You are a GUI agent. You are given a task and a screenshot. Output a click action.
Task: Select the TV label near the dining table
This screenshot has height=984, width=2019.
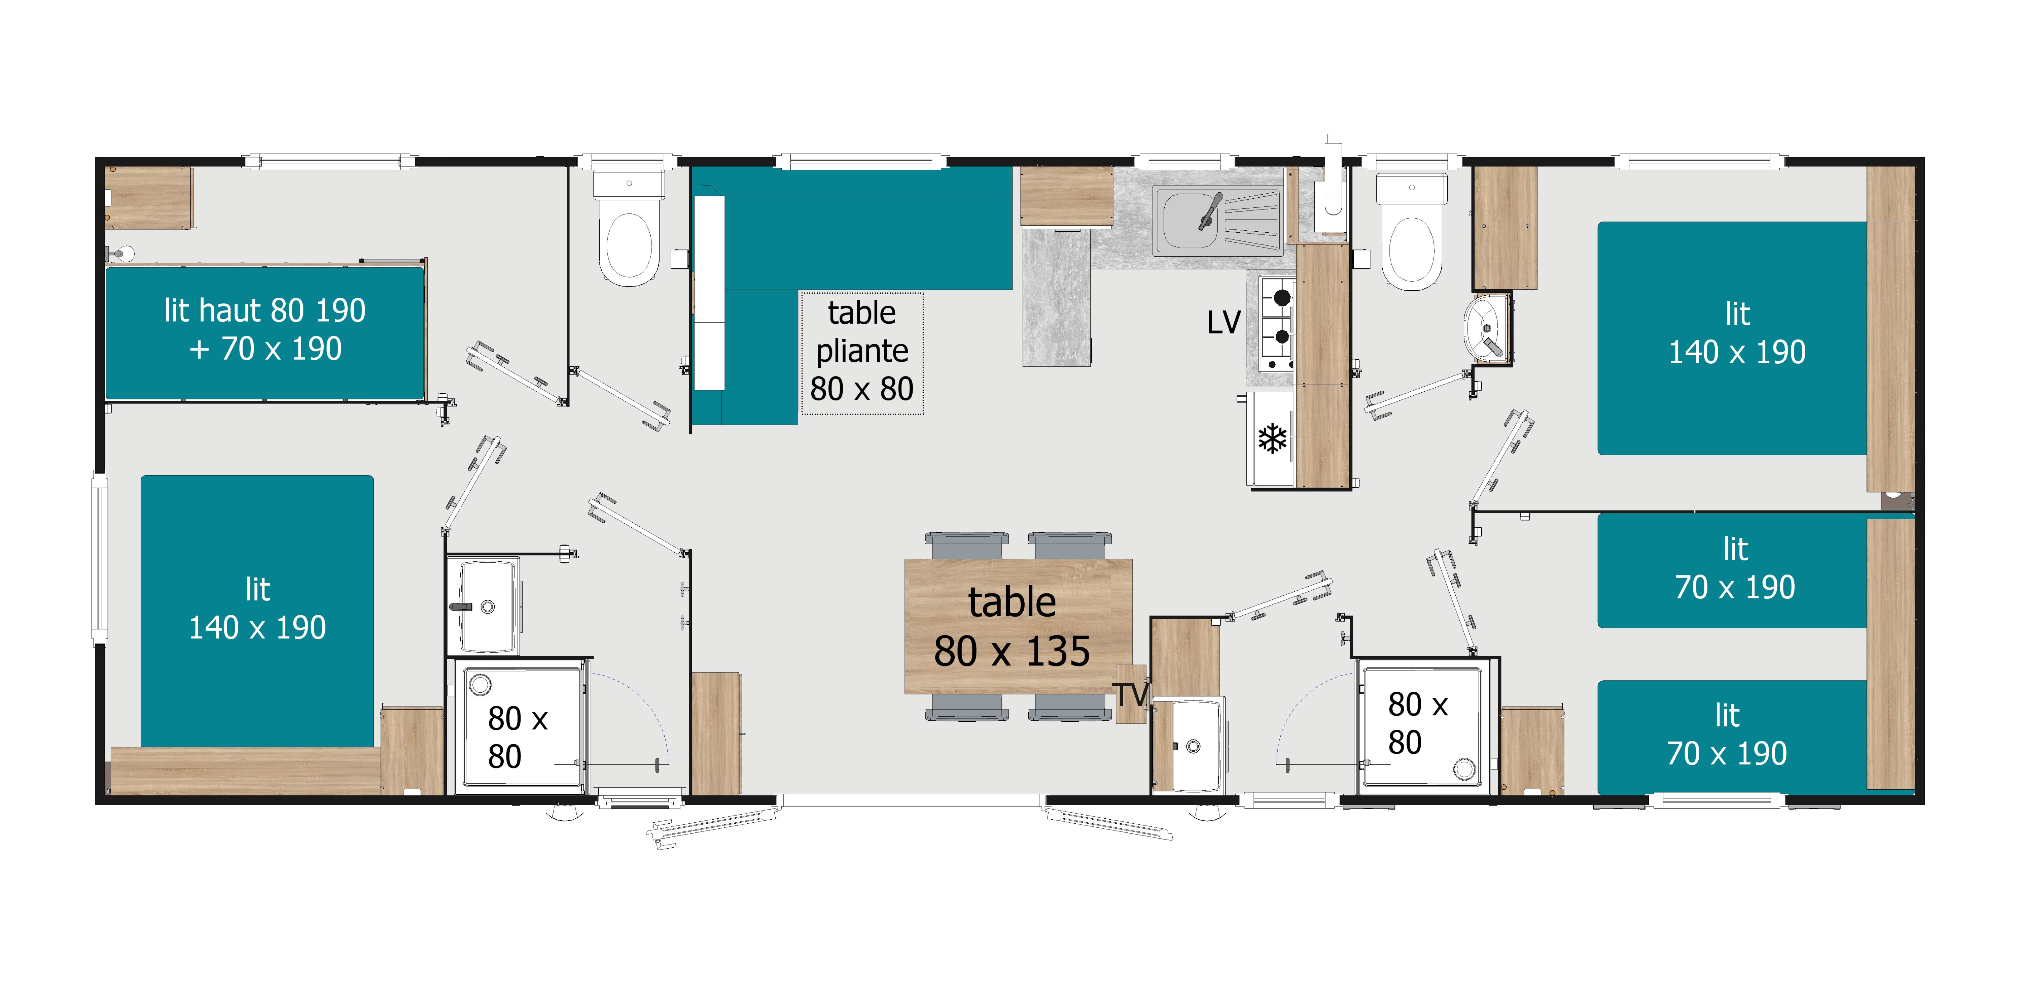[x=1130, y=695]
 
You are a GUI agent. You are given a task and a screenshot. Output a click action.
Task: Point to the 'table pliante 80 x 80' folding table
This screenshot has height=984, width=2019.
[x=862, y=353]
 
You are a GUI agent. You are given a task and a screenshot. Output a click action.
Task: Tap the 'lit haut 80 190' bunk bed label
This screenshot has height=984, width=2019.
[x=265, y=310]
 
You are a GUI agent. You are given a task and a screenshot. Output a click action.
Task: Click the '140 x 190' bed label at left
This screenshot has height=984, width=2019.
[x=257, y=627]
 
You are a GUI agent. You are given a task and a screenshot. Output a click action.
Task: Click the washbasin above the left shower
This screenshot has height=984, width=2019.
[x=484, y=605]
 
